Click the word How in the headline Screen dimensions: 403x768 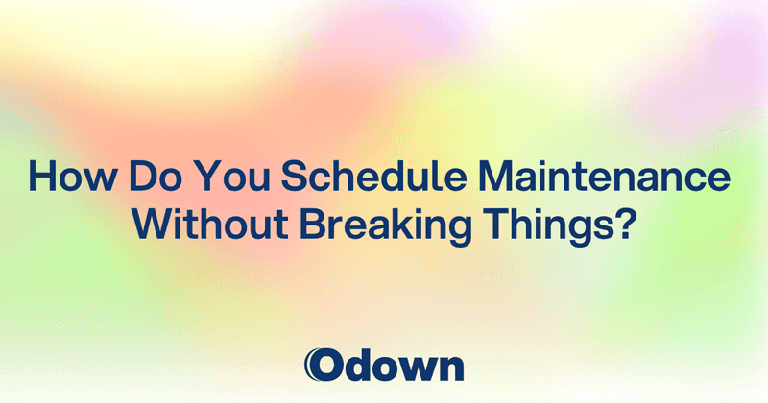pos(70,178)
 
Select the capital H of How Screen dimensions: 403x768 pos(42,178)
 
